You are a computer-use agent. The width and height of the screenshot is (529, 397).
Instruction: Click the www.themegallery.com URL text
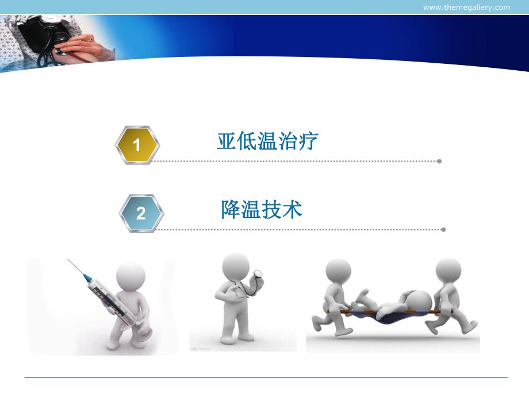click(x=466, y=7)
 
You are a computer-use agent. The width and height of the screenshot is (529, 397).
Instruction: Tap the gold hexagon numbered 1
click(x=137, y=145)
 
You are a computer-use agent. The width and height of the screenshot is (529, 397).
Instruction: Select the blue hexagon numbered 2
click(x=141, y=213)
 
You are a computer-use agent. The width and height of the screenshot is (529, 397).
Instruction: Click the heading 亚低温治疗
click(x=267, y=141)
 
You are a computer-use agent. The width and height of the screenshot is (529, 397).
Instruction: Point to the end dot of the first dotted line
click(x=439, y=161)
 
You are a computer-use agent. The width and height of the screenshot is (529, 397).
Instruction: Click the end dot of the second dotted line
click(x=443, y=230)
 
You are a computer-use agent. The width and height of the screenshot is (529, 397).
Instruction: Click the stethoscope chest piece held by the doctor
click(x=259, y=276)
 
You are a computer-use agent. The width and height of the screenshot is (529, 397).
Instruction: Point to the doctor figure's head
click(x=236, y=268)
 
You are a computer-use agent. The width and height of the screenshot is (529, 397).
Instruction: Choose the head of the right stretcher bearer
click(x=448, y=271)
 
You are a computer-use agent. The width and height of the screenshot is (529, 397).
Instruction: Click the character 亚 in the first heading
click(x=226, y=141)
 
